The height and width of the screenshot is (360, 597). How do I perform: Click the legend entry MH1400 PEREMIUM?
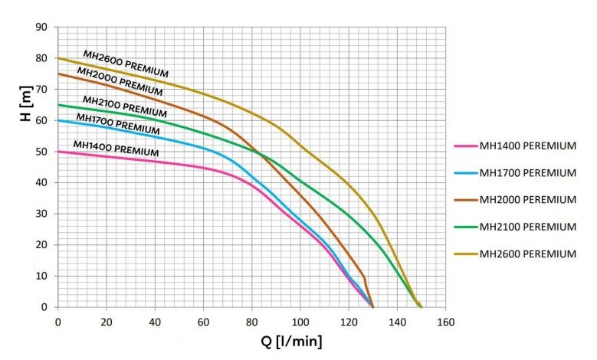tap(527, 146)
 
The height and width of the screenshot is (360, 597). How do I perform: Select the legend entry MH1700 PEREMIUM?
tap(527, 173)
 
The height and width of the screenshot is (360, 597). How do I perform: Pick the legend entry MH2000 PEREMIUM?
tap(527, 200)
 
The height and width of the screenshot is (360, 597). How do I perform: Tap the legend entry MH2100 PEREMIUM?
tap(527, 227)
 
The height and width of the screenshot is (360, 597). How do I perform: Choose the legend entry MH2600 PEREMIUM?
tap(527, 254)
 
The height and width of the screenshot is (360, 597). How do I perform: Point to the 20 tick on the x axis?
tap(107, 322)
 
